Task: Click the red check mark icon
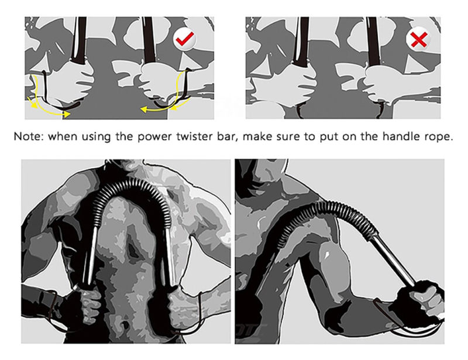coord(185,40)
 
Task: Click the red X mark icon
coord(418,40)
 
